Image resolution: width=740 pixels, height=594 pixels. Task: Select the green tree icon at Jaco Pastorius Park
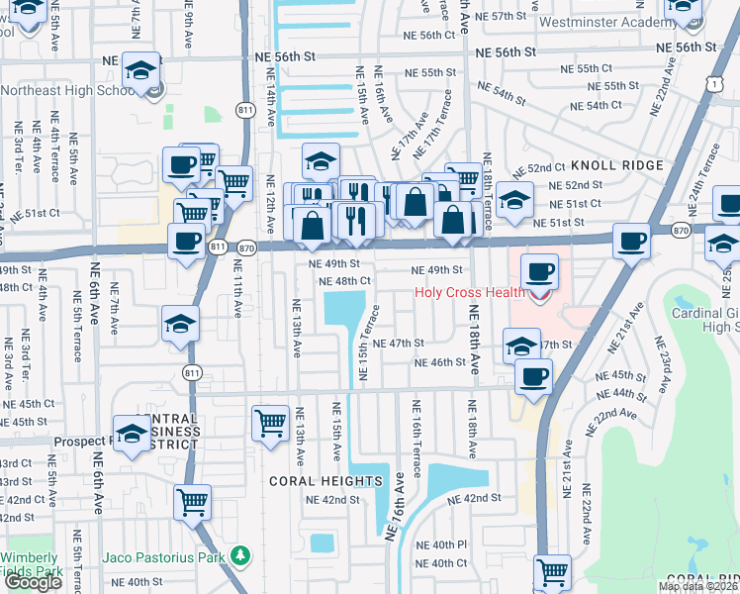238,557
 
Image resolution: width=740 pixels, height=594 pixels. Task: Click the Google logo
33,582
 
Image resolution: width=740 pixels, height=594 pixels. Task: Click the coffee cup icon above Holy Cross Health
539,271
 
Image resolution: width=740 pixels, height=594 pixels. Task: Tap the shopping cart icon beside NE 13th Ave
270,423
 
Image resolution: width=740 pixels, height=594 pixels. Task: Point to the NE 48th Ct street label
345,281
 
